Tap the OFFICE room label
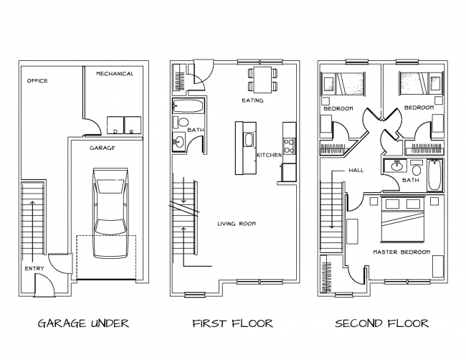(x=37, y=81)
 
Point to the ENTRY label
(x=34, y=268)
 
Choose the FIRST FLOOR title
(x=232, y=323)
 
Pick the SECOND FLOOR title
(x=382, y=323)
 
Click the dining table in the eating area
(x=263, y=79)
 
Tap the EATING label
(x=252, y=101)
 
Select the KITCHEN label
(x=269, y=155)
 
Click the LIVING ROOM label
(x=237, y=224)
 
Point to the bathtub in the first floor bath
(x=189, y=109)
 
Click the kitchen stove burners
(x=289, y=146)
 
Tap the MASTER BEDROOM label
(x=401, y=253)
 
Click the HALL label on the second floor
(x=356, y=171)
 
